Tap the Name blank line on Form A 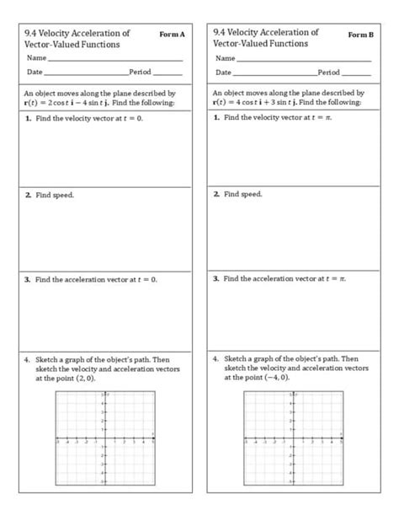(x=114, y=60)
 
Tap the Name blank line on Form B (x=303, y=60)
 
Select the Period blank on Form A (x=168, y=74)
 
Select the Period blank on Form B (x=356, y=74)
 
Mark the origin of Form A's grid (x=104, y=439)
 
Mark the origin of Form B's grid (x=292, y=439)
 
